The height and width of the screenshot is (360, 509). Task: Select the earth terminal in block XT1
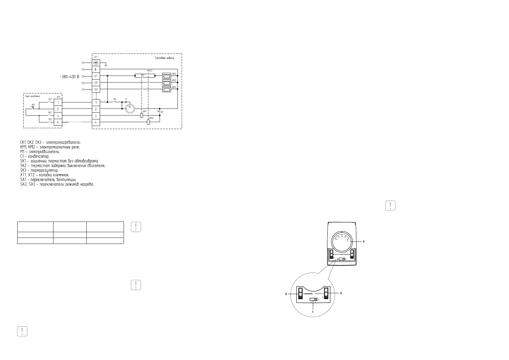tap(96, 63)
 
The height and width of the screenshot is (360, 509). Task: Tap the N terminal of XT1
tap(96, 70)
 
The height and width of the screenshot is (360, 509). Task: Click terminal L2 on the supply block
tap(96, 83)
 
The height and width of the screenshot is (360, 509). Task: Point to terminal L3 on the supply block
tap(96, 89)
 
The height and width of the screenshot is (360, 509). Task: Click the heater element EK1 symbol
tap(167, 76)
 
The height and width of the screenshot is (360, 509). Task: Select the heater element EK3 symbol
tap(167, 89)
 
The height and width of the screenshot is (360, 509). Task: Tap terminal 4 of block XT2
tap(58, 122)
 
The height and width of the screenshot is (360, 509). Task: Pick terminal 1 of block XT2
tap(58, 102)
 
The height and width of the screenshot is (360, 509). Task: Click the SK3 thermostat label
tap(33, 105)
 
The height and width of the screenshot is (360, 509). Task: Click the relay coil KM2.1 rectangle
tap(148, 122)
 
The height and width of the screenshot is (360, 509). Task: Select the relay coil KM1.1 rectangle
tap(142, 115)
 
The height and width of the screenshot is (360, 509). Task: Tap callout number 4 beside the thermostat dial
tap(364, 242)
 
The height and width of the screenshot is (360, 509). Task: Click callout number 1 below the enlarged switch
tap(313, 311)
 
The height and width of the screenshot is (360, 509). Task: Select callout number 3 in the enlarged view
tap(341, 294)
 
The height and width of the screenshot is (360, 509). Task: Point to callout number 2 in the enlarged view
tap(286, 294)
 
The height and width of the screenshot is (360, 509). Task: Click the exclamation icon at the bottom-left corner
tap(22, 331)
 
